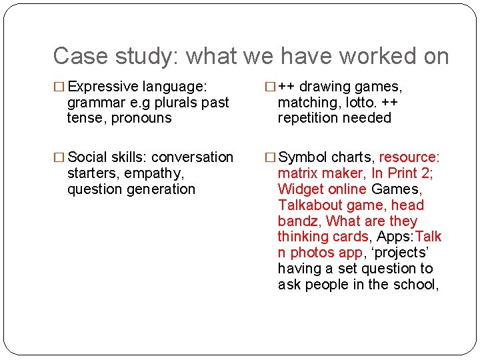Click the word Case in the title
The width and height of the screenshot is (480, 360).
[74, 56]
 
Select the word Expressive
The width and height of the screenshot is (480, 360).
[102, 87]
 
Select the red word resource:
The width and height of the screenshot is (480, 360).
[409, 157]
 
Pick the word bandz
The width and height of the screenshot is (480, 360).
[298, 221]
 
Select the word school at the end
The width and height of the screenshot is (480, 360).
[417, 285]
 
